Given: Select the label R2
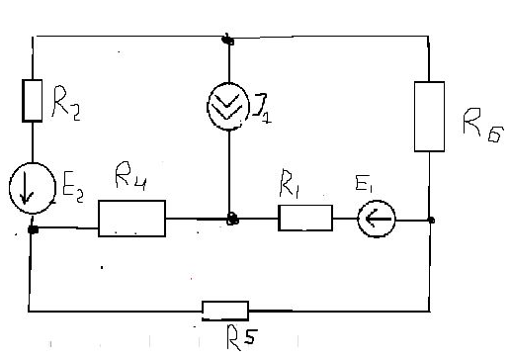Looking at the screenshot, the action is coord(66,103).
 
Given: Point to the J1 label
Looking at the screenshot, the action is coord(262,109).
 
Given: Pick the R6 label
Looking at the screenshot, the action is coord(483,125).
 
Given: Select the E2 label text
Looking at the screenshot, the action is coord(73,191).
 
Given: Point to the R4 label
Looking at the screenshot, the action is coord(130,176).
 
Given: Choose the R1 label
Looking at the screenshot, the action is coord(290,184).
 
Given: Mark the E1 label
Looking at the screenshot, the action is coord(364,184).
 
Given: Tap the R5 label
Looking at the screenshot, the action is coord(241,337).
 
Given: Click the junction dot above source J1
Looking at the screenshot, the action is coord(227,41).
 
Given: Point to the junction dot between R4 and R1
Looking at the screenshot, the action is coord(232,219).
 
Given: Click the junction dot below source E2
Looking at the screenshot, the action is coord(33,229).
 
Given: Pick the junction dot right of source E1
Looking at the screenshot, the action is coord(431,220).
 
